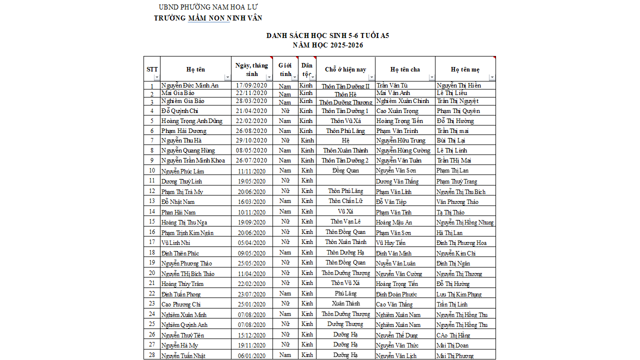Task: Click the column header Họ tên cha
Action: (x=405, y=69)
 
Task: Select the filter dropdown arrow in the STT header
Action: (x=156, y=77)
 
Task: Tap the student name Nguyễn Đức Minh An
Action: (x=190, y=85)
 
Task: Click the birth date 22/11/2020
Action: (x=251, y=93)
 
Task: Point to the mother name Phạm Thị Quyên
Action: (x=458, y=111)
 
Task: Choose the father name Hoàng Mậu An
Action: (x=394, y=222)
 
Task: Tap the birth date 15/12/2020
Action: (x=251, y=335)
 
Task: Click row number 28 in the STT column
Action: (x=152, y=355)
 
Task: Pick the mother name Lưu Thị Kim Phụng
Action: (x=459, y=294)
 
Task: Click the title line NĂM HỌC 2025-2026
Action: (x=327, y=45)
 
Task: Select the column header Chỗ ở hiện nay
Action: (x=345, y=69)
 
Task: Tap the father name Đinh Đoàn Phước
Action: (x=396, y=294)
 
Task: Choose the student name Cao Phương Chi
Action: (x=181, y=304)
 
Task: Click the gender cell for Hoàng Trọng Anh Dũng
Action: (x=285, y=121)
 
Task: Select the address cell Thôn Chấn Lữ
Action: (x=345, y=201)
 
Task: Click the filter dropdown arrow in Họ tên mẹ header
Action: (x=492, y=77)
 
